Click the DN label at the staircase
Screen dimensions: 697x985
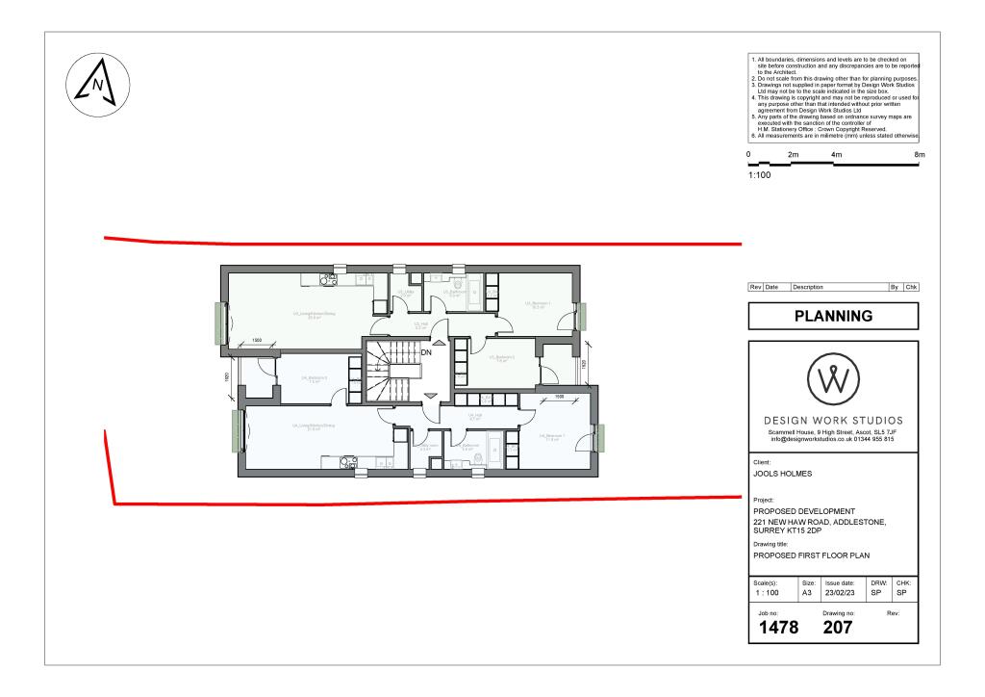click(x=426, y=352)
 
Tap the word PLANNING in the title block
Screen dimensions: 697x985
click(x=833, y=315)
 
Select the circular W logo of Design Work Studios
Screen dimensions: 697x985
click(x=833, y=381)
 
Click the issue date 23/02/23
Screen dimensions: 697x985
click(x=841, y=594)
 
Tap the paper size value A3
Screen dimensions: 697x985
click(x=807, y=594)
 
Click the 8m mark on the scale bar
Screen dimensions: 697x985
click(x=919, y=155)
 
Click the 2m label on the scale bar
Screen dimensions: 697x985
click(x=794, y=155)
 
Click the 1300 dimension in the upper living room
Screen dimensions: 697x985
click(x=258, y=341)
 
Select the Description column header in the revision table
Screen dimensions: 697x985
click(x=809, y=288)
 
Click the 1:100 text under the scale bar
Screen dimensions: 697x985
click(x=760, y=175)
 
